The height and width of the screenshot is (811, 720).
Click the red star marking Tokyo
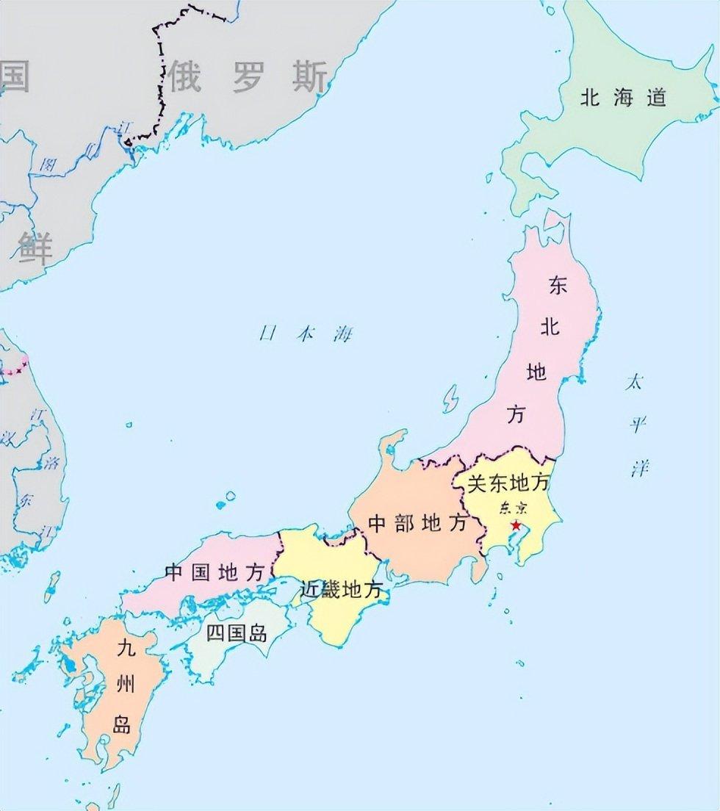point(516,525)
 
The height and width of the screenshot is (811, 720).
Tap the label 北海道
point(623,98)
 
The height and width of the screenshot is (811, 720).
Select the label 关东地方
point(509,483)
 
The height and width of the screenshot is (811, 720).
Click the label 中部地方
point(418,523)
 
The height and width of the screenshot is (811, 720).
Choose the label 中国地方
point(214,572)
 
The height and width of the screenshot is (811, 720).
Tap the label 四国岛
point(236,633)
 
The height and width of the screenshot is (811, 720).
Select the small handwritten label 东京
point(512,508)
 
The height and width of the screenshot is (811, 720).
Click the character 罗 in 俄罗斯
point(248,77)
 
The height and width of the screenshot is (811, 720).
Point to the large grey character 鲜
point(36,248)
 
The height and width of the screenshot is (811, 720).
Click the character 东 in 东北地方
point(558,286)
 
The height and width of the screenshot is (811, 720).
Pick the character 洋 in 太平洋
point(638,468)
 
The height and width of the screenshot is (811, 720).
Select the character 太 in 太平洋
point(633,383)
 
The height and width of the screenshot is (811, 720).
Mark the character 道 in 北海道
point(656,98)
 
